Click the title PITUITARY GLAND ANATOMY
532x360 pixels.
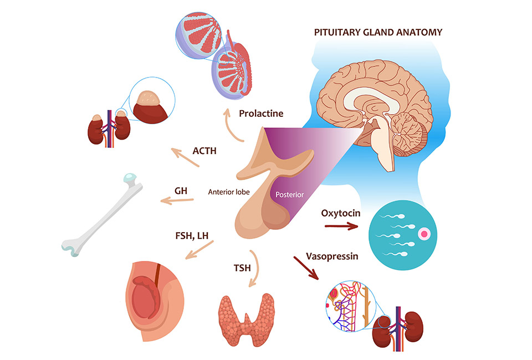pos(378,32)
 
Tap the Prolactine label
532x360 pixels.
pos(261,114)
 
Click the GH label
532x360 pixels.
pos(181,190)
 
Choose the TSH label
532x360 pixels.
pos(242,269)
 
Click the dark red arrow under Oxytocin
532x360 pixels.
pos(341,226)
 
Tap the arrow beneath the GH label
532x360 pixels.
pos(176,200)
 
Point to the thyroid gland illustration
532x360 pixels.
pos(246,316)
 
